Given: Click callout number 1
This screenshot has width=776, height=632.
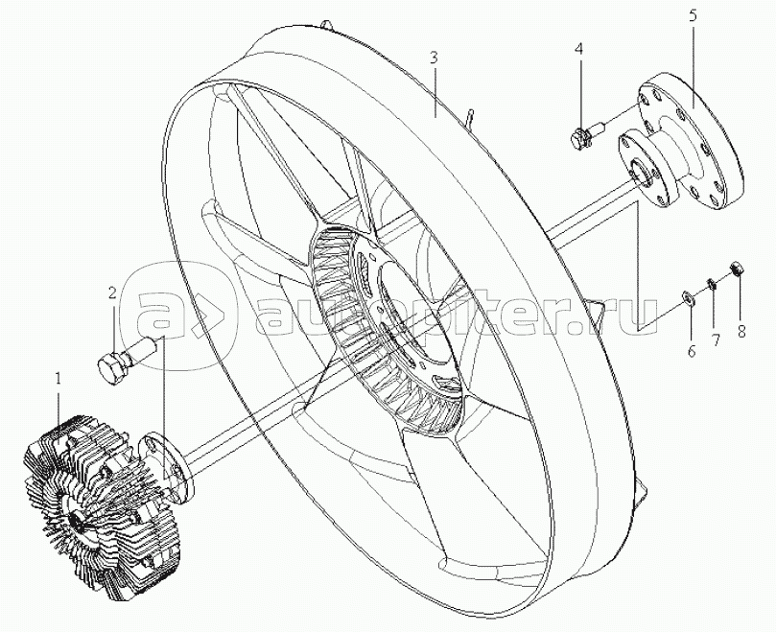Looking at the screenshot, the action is (59, 380).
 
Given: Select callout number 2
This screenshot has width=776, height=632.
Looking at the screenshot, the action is (113, 293).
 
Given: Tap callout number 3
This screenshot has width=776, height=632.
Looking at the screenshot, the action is (434, 59).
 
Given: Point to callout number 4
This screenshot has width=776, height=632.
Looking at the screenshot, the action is (578, 49).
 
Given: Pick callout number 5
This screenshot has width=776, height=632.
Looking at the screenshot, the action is (693, 16).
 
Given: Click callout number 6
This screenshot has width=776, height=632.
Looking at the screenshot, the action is (692, 351).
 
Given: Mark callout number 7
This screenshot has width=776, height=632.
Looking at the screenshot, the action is (716, 339).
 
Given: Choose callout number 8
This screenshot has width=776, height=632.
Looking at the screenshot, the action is (741, 331).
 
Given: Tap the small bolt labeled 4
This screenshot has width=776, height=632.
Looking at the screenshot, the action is (586, 135).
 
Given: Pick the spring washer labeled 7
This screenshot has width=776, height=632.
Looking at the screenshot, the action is (710, 284).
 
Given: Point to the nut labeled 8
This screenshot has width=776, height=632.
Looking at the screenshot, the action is (736, 269).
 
